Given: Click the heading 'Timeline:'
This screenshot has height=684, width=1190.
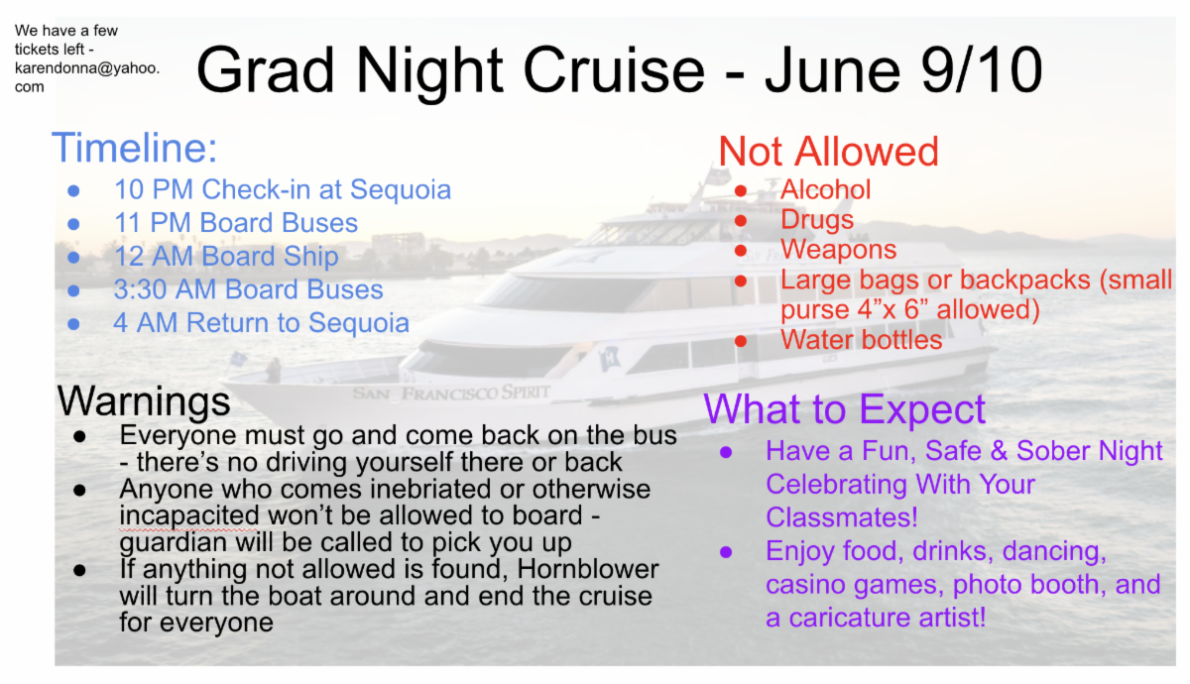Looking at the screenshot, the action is tap(135, 148).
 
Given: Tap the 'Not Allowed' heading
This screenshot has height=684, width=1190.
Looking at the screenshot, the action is tap(828, 152).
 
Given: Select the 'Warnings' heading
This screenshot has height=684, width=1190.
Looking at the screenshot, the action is tap(144, 402).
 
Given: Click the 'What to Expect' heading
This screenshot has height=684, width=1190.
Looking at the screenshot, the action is tap(844, 409).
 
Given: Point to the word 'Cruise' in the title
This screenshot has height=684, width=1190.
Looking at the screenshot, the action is tap(614, 70).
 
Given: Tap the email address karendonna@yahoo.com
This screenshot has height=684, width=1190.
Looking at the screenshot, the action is tap(86, 77).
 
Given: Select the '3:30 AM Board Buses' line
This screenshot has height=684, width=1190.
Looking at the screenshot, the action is tap(248, 289).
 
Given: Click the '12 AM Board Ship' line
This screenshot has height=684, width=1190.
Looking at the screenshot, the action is tap(226, 257).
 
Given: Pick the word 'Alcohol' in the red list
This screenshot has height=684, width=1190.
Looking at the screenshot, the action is tap(825, 189).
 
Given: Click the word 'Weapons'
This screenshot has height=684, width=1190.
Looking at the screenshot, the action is tap(838, 250).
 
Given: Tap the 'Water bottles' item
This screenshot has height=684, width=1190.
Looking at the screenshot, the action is tap(861, 340).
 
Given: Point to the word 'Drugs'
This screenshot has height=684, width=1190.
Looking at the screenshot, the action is tap(817, 220).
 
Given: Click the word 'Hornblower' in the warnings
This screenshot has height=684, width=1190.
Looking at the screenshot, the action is tap(588, 569).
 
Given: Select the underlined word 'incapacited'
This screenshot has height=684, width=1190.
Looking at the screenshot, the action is tap(189, 516).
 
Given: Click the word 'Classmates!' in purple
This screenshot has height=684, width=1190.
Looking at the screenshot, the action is tap(842, 517).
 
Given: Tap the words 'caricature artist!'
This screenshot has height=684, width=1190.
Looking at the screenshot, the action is tap(888, 618).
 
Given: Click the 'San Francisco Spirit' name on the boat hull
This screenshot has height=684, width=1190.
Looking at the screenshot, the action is tap(451, 393).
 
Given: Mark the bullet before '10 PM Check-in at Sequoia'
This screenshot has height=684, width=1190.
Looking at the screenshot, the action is tap(73, 190).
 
